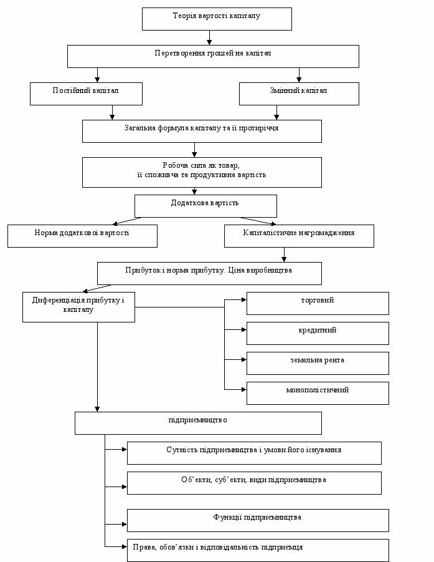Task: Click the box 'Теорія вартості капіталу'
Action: point(217,19)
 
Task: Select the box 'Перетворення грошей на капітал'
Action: point(213,56)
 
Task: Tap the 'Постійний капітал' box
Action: point(86,94)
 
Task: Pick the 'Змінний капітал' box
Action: point(299,94)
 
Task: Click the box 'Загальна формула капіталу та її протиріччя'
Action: point(202,131)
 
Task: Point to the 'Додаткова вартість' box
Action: point(205,206)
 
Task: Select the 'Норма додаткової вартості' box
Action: point(82,236)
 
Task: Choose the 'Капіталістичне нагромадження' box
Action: point(299,236)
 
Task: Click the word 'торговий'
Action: point(318,300)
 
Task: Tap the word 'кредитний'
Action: point(318,330)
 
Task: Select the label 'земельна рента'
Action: point(318,360)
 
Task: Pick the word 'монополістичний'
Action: point(318,390)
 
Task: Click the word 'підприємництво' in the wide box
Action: point(198,420)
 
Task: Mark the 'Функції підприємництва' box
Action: point(258,520)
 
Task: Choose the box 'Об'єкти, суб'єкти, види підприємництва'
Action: point(254,483)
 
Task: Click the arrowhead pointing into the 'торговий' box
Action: point(244,299)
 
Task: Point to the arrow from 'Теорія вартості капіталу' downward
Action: point(209,37)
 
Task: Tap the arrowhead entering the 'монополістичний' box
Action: point(244,389)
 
